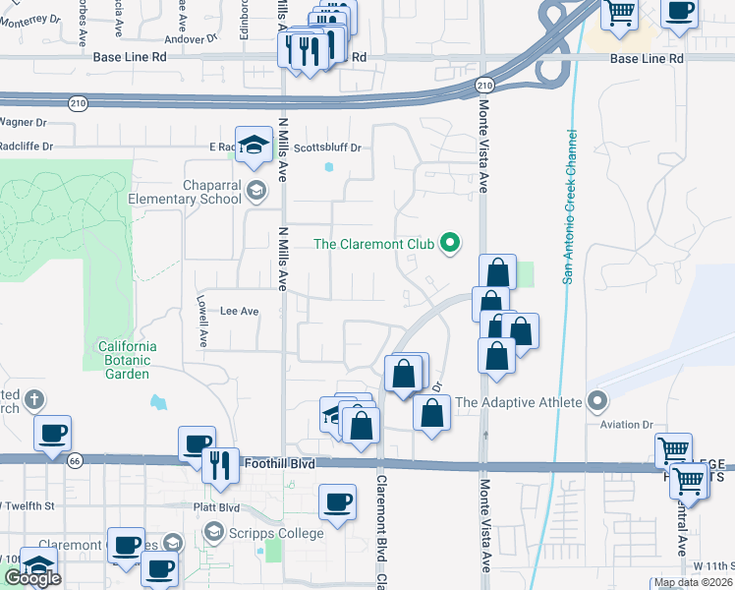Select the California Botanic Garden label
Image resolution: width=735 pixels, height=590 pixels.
[x=127, y=360]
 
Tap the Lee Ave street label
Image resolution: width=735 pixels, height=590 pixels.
[x=239, y=311]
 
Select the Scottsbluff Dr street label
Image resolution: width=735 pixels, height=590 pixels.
[x=328, y=147]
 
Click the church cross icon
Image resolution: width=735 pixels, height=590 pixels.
[x=33, y=399]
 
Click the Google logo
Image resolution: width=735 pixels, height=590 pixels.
[x=32, y=578]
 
